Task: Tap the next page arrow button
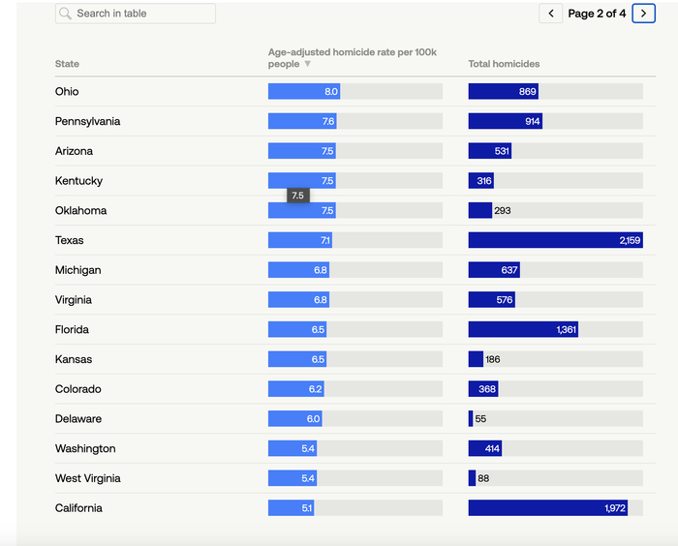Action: (x=643, y=14)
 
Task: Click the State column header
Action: (x=68, y=64)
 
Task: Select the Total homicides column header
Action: (x=504, y=64)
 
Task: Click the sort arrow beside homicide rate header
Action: (x=308, y=64)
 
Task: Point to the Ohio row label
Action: (x=67, y=92)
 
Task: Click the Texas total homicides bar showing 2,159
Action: (x=555, y=240)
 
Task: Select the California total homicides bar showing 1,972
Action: (x=547, y=508)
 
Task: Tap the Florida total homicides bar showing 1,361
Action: (x=523, y=330)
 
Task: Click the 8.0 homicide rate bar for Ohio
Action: (x=303, y=92)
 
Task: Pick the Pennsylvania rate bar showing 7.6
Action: (x=302, y=122)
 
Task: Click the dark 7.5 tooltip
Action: (x=297, y=196)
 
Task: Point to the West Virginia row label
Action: (x=88, y=478)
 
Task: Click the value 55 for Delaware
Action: (x=481, y=419)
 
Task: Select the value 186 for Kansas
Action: (x=493, y=360)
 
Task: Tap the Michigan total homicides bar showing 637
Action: (x=494, y=270)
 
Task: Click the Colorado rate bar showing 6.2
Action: (x=295, y=389)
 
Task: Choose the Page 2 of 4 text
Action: (x=597, y=14)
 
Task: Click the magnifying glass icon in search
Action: (x=66, y=14)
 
